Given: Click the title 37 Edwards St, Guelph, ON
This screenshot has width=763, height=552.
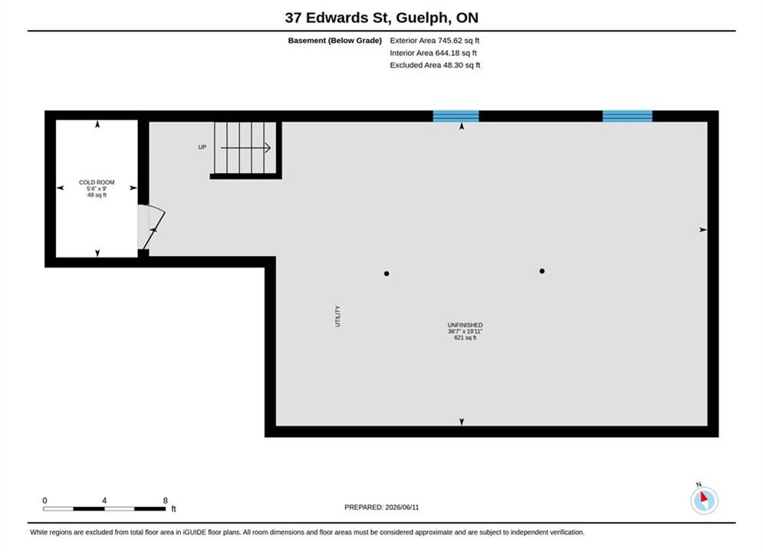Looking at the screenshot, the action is point(382,18).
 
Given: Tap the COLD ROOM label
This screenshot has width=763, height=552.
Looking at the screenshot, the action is point(97,182).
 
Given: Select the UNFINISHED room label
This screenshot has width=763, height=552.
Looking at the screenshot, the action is point(465,325).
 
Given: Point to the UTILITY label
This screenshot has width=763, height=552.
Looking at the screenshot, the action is point(337,316).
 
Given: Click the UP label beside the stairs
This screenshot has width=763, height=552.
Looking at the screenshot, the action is point(202,147).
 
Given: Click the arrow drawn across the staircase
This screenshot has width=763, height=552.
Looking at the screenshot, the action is point(245,148).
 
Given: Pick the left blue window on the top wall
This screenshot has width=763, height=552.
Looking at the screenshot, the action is point(456,117).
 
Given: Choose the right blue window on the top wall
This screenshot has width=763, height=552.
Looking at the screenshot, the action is point(627,117).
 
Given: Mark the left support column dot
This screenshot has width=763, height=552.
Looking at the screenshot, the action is point(386,274).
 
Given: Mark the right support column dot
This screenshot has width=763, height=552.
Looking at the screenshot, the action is point(542,271).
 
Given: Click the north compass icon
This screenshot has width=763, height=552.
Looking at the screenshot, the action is point(704,500).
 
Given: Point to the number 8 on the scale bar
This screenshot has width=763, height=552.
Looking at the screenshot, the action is point(166,501).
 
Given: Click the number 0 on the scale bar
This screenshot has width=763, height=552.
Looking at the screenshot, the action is point(44,501).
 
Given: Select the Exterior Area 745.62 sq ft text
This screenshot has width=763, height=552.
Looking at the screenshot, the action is point(435,41).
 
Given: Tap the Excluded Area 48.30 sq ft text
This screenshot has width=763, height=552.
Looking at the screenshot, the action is point(435,64).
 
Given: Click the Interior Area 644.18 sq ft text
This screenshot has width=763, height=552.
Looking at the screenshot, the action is point(433,53).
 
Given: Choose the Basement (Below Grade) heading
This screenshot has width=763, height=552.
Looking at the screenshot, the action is point(335,41).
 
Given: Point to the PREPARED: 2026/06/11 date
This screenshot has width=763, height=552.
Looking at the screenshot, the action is point(382,508).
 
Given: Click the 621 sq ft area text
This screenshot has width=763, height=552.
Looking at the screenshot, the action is point(465,337).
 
